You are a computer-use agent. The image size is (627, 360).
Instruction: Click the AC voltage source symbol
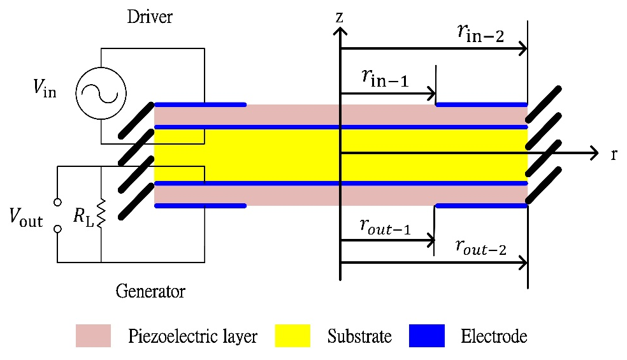[101, 93]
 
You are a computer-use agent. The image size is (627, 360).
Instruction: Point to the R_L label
[82, 217]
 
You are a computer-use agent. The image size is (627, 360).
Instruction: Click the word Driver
[150, 17]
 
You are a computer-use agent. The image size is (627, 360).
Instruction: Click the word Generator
[150, 292]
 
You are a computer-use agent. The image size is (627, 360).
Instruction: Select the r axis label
[613, 154]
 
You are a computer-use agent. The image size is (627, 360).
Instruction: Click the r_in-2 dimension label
[480, 34]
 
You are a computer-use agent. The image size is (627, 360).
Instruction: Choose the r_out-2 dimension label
[481, 248]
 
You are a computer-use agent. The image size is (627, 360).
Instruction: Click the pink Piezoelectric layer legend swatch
[93, 336]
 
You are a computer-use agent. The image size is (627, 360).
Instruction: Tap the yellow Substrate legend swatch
[292, 336]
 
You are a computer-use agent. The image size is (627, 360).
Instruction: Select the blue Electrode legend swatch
[426, 336]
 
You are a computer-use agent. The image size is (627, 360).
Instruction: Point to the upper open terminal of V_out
[57, 203]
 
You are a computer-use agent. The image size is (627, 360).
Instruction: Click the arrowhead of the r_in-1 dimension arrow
[431, 94]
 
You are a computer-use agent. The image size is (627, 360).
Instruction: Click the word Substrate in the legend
[359, 336]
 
